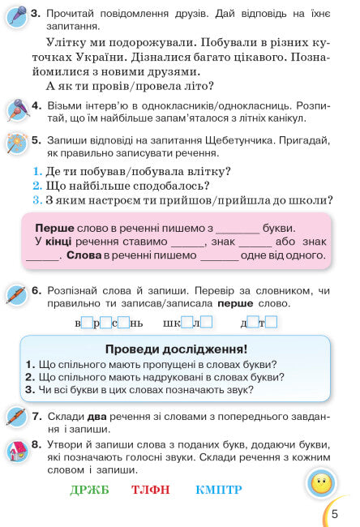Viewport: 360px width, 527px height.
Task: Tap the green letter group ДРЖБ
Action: click(89, 490)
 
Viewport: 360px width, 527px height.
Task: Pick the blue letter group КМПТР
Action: click(218, 490)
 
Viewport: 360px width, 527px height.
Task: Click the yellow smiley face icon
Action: click(322, 484)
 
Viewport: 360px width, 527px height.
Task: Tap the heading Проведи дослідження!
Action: click(176, 349)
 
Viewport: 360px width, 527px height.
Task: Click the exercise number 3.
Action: click(36, 15)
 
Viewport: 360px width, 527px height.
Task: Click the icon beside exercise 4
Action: click(16, 109)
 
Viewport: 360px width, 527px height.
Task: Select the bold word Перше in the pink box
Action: click(54, 228)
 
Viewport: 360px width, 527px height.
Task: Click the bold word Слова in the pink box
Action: click(84, 255)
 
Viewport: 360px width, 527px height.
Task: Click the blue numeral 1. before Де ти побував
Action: click(37, 171)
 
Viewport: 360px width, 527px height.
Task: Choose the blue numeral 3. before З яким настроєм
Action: click(37, 200)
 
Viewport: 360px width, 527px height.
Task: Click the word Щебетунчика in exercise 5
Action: click(259, 139)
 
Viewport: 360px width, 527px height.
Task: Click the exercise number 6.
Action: click(36, 289)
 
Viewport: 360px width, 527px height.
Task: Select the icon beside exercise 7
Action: click(16, 418)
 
